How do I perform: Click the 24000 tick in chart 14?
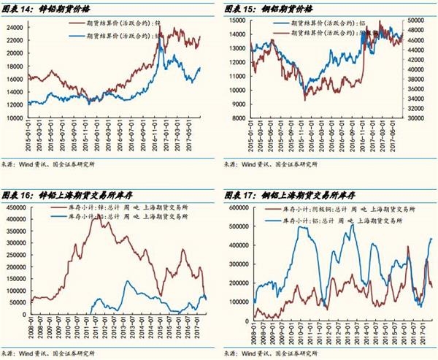(17, 27)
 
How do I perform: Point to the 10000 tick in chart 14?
(17, 118)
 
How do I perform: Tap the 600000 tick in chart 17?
(237, 208)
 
